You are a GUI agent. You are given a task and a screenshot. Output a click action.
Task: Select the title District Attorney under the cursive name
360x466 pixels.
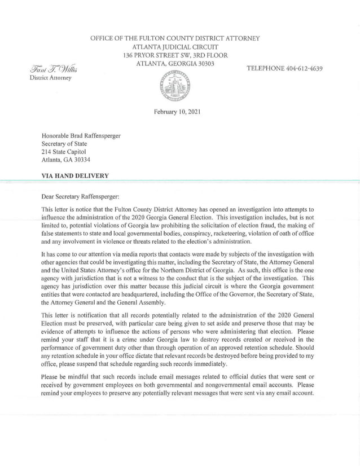50,78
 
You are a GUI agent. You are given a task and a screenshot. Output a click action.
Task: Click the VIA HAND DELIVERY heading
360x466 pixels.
75,176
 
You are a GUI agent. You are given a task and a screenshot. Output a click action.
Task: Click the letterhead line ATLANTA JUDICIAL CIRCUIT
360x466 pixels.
175,46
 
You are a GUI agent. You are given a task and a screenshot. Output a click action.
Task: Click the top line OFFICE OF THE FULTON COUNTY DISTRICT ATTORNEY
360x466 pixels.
175,38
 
